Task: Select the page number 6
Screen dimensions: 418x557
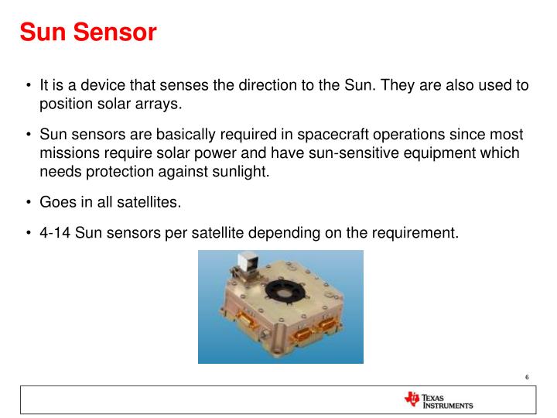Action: (526, 377)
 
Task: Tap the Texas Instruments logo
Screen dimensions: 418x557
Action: (438, 400)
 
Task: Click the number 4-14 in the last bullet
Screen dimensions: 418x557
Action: (55, 231)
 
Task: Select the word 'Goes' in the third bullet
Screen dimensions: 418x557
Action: (58, 202)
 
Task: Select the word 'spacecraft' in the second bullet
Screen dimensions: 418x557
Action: (331, 134)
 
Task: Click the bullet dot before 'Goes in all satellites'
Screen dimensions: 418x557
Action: (29, 203)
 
